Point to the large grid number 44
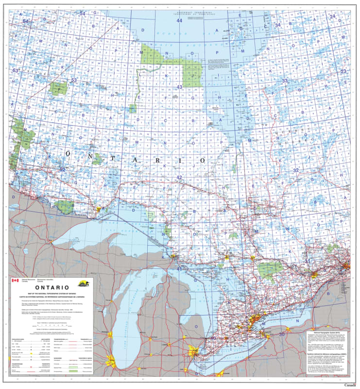pos(179,21)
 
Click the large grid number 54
pos(82,13)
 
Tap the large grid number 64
pos(25,21)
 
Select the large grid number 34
pos(277,25)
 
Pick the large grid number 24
pos(333,17)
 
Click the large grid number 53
pos(74,80)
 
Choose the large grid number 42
pos(179,177)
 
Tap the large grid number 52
pos(62,169)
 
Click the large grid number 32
pos(296,170)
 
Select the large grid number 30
pos(281,335)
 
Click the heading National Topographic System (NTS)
pos(330,330)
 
